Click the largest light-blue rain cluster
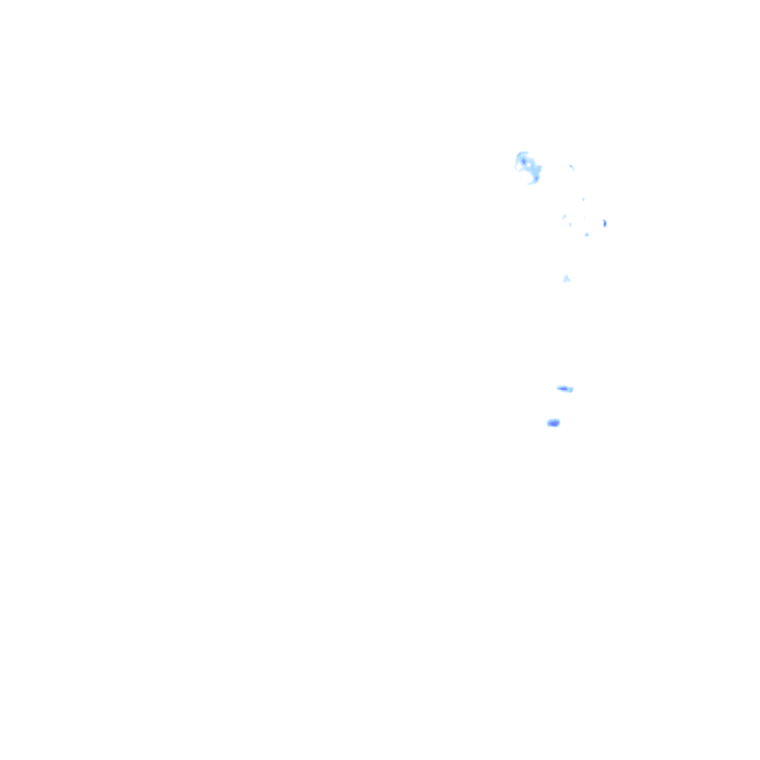tap(528, 167)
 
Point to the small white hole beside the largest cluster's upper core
tap(528, 164)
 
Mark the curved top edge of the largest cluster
tap(522, 153)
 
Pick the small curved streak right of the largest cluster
tap(571, 167)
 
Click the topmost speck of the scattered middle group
tap(583, 199)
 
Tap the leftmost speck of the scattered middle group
tap(565, 217)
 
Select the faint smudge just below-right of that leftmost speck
tap(570, 224)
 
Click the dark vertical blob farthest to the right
tap(605, 223)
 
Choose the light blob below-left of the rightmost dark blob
tap(586, 235)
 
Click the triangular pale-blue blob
tap(566, 279)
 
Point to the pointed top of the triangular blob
tap(566, 275)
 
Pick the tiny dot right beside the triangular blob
tap(574, 278)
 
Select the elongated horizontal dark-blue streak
tap(565, 388)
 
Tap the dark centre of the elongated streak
tap(563, 388)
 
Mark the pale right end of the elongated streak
tap(571, 390)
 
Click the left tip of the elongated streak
tap(558, 387)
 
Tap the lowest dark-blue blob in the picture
tap(553, 423)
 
